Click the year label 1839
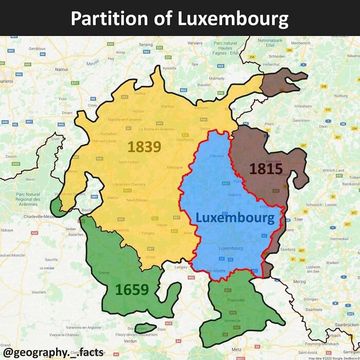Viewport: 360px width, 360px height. point(145,147)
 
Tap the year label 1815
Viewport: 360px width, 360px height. point(266,169)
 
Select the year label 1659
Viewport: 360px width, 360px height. point(132,290)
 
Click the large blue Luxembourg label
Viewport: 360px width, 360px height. point(235,218)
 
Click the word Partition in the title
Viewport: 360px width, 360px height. point(109,19)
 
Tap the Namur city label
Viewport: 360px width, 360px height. point(62,69)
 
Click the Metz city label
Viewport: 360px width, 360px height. point(237,349)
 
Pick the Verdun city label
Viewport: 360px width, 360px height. point(130,340)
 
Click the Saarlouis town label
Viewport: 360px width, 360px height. point(313,310)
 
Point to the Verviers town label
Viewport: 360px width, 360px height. point(195,43)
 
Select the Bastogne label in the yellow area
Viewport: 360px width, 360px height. point(175,167)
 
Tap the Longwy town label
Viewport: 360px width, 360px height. point(182,267)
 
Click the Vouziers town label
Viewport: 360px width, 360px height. point(39,292)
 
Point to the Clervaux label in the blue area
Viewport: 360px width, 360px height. point(217,155)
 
